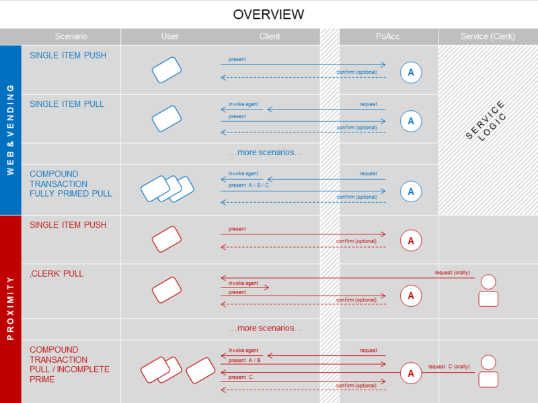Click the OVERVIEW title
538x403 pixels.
pos(268,14)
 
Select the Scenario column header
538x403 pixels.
pos(71,36)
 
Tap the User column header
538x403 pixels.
pos(170,36)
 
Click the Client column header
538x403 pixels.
pos(270,36)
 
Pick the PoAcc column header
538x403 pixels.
pos(388,36)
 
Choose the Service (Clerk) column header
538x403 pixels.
pos(488,36)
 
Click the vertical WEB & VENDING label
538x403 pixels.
pos(10,130)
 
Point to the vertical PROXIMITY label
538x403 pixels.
pos(10,309)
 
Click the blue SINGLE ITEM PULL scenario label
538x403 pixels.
pos(67,104)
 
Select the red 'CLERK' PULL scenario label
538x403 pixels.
pos(56,274)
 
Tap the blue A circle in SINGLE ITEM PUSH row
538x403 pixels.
pos(411,72)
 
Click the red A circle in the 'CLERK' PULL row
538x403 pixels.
pos(411,296)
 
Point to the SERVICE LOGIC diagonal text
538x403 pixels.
pos(488,121)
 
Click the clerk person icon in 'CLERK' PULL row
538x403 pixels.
pos(488,291)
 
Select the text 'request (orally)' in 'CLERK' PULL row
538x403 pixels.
pos(453,273)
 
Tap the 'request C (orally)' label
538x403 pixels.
pos(449,367)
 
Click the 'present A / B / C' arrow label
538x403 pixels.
pos(249,185)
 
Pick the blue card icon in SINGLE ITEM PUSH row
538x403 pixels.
pos(167,70)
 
